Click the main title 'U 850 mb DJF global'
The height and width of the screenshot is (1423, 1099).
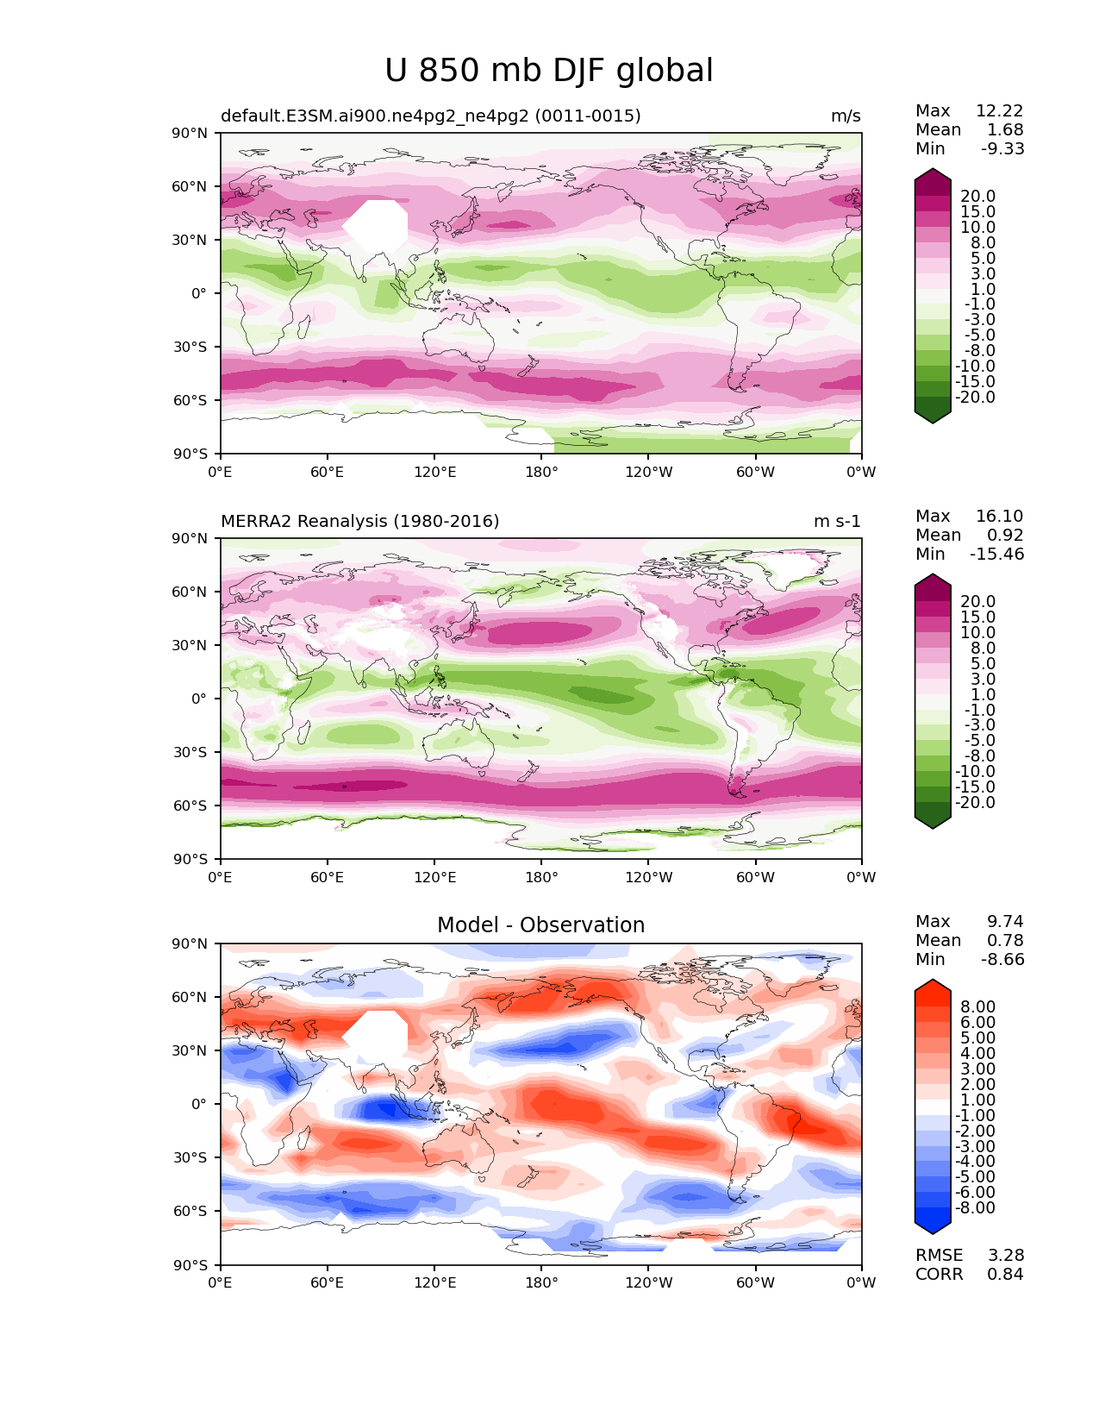tap(548, 71)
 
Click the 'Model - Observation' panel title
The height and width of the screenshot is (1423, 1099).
tap(540, 925)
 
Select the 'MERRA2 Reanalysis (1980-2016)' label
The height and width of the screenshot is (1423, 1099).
tap(360, 521)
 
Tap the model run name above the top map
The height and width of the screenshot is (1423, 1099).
tap(431, 116)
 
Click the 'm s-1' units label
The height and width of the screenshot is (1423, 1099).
tap(837, 521)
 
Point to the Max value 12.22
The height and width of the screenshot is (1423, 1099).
tap(1000, 110)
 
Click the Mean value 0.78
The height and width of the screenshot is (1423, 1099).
tap(1005, 940)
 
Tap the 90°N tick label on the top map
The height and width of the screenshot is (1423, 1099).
tap(190, 134)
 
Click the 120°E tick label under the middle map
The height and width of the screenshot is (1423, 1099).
tap(434, 877)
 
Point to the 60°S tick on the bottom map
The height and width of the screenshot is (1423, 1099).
tap(190, 1211)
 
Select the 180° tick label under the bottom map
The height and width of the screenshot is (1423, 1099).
tap(541, 1282)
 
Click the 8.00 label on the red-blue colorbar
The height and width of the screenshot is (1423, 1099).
tap(978, 1006)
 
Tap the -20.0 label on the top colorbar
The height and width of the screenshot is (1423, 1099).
tap(975, 397)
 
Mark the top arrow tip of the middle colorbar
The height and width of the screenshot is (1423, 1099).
tap(932, 574)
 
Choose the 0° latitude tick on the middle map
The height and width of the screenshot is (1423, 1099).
tap(198, 699)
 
